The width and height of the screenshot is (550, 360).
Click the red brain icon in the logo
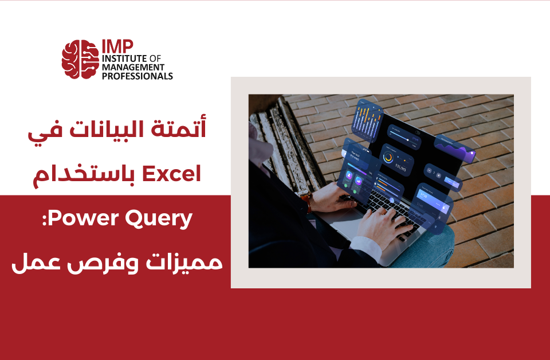[80, 59]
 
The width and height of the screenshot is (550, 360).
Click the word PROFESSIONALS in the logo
[137, 76]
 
